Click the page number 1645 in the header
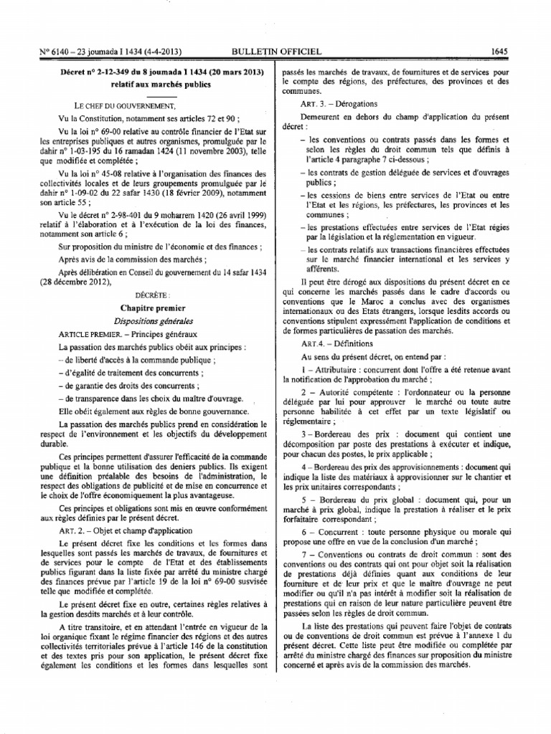499,51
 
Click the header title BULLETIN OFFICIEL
273,51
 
